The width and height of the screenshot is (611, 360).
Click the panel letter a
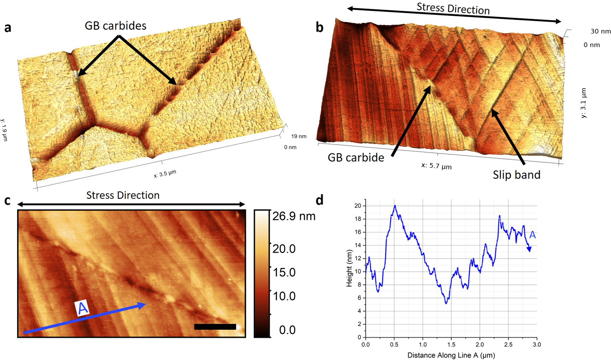point(7,28)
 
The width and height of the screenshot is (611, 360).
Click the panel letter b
point(319,28)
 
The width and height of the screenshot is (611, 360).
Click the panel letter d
point(319,200)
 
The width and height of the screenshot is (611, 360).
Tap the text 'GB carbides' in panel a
point(116,26)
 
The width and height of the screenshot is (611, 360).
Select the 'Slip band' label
point(516,175)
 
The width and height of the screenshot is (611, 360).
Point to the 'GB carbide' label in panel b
point(356,158)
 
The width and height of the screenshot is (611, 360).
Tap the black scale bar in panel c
point(215,327)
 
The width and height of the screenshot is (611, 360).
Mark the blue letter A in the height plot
point(532,235)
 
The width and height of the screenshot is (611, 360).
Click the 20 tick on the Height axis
point(358,206)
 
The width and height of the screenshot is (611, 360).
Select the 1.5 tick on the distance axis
point(451,344)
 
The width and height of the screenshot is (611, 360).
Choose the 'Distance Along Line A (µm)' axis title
point(451,355)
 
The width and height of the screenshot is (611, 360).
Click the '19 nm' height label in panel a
point(299,136)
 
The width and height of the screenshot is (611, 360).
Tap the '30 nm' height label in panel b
point(600,31)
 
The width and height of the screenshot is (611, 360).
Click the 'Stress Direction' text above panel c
point(123,195)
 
